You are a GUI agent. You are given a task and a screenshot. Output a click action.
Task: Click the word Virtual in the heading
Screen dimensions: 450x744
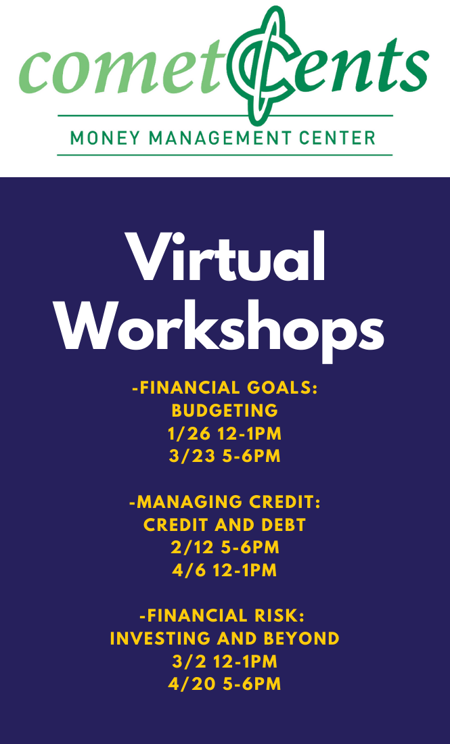point(225,257)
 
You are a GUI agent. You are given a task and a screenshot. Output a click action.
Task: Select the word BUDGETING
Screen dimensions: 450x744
point(225,411)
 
